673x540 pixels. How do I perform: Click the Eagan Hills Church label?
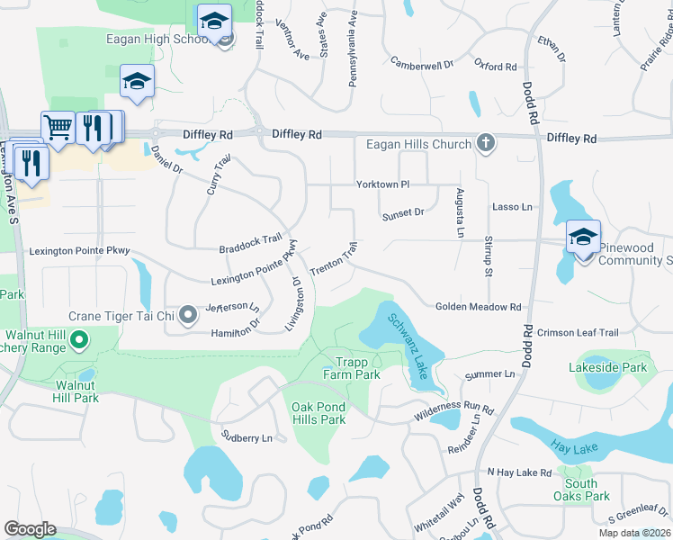tap(418, 145)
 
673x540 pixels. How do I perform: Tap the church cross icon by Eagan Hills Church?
tap(486, 144)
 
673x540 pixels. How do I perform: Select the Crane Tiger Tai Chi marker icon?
tap(188, 315)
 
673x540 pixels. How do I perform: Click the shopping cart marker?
tap(58, 127)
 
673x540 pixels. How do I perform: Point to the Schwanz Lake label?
tap(408, 345)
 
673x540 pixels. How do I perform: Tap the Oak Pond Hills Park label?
tap(319, 413)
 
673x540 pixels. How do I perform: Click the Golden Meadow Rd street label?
tap(479, 307)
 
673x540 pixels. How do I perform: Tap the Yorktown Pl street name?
tap(382, 184)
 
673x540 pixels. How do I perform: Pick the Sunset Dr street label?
tap(402, 213)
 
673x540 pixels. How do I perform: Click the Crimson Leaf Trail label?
tap(578, 333)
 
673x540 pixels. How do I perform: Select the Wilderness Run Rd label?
tap(453, 413)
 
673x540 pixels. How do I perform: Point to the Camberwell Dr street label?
tap(422, 63)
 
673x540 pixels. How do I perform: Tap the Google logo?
tap(30, 529)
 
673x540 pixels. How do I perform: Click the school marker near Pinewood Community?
tap(583, 237)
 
